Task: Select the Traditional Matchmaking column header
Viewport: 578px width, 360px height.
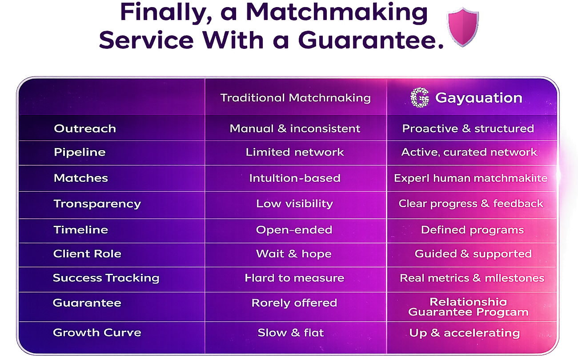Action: (x=295, y=98)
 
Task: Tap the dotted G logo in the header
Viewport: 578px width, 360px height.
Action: (x=420, y=98)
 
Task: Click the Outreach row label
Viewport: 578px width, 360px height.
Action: (x=85, y=129)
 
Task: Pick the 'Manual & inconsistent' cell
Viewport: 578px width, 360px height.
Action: (x=295, y=129)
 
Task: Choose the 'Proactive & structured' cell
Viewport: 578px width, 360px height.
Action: (x=468, y=129)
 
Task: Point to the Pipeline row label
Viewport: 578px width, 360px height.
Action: (x=80, y=152)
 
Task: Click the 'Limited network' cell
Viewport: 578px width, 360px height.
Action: (x=295, y=152)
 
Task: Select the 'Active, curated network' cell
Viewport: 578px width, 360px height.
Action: (x=469, y=152)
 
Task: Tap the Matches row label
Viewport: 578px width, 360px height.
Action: (x=81, y=178)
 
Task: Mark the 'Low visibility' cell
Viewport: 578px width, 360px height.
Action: (x=294, y=204)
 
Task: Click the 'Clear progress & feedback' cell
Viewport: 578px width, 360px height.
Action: (x=471, y=204)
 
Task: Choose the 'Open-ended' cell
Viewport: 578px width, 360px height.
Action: (x=294, y=230)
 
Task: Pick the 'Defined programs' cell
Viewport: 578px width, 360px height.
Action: (x=472, y=230)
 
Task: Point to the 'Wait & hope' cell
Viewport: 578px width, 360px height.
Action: (x=293, y=254)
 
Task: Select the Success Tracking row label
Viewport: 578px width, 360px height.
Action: (x=106, y=278)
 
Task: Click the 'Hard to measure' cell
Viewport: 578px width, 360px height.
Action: (x=294, y=278)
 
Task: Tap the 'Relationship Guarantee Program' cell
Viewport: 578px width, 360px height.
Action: (x=468, y=308)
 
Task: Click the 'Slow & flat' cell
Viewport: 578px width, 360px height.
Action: (x=291, y=332)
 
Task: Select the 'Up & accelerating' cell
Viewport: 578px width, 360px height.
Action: (x=464, y=333)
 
